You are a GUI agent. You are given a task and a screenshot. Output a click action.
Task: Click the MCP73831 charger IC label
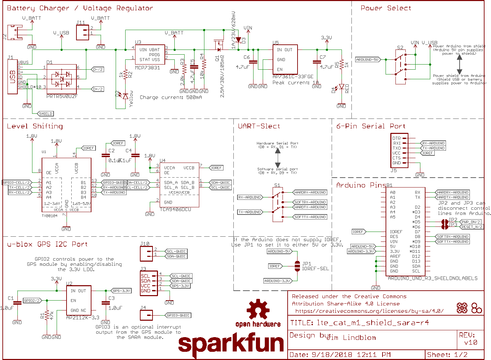click(x=147, y=68)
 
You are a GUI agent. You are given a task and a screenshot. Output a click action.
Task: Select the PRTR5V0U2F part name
click(x=62, y=96)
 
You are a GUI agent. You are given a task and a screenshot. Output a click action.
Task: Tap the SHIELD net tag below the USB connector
click(x=45, y=114)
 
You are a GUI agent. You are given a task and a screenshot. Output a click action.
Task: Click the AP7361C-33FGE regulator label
click(x=293, y=77)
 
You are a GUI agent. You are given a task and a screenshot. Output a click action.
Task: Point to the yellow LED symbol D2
click(x=125, y=96)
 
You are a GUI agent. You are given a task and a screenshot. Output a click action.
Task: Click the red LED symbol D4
click(x=341, y=87)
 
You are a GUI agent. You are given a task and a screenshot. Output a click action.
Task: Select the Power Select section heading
click(x=386, y=8)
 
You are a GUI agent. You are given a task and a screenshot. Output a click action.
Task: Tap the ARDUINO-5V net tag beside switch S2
click(x=367, y=59)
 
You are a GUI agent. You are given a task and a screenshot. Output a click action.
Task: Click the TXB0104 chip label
click(x=49, y=216)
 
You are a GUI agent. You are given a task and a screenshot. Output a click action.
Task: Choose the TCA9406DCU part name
click(x=175, y=209)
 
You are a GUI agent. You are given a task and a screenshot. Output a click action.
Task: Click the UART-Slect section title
click(x=259, y=126)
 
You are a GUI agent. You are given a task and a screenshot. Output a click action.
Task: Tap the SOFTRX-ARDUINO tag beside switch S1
click(x=310, y=202)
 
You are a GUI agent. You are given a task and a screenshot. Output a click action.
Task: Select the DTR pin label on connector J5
click(x=396, y=138)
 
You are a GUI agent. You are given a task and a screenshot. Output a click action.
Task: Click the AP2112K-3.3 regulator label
click(x=83, y=318)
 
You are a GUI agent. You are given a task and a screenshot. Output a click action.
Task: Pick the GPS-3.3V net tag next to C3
click(x=121, y=291)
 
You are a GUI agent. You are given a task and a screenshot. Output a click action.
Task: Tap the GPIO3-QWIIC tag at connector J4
click(x=178, y=315)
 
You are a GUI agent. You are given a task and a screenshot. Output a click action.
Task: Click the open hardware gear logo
click(x=258, y=309)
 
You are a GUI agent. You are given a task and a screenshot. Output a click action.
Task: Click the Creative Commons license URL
click(x=369, y=311)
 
